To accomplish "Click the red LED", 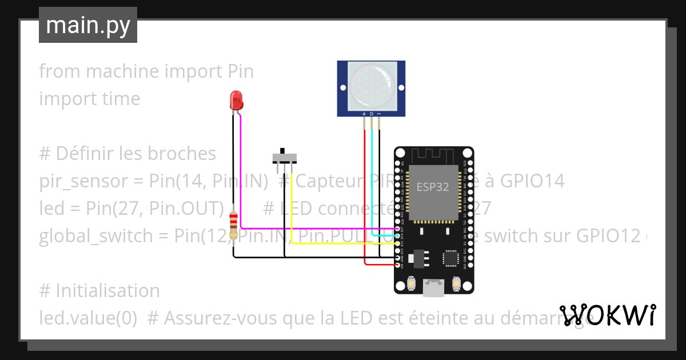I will pos(235,101).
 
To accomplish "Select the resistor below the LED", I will pos(233,226).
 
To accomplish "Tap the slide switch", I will pos(284,157).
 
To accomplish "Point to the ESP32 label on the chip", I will pos(432,186).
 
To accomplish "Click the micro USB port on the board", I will pos(433,287).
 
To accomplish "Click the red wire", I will pos(365,200).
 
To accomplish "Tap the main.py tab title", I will pos(88,25).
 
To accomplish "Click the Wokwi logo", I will pos(607,315).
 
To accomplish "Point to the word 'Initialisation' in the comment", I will pos(107,290).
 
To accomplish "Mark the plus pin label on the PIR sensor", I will pos(364,114).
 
